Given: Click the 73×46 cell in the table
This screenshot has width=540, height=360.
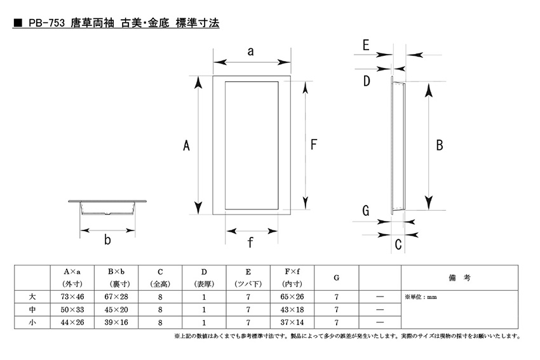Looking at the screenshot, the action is pyautogui.click(x=72, y=297).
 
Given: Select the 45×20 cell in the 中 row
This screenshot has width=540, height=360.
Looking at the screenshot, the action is pyautogui.click(x=116, y=309).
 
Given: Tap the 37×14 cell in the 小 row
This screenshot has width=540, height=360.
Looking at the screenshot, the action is pyautogui.click(x=292, y=323).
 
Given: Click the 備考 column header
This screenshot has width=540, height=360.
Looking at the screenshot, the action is pyautogui.click(x=459, y=277).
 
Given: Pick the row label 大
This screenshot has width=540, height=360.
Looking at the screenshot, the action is pyautogui.click(x=32, y=297).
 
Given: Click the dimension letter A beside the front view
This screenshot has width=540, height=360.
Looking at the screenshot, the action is pyautogui.click(x=186, y=145).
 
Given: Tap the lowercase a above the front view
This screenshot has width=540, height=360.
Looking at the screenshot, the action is pyautogui.click(x=251, y=51).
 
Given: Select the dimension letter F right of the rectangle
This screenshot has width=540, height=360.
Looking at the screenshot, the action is pyautogui.click(x=313, y=144).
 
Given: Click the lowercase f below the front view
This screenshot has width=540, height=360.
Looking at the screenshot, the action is pyautogui.click(x=250, y=243).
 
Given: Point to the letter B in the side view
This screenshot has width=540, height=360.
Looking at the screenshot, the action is pyautogui.click(x=440, y=145).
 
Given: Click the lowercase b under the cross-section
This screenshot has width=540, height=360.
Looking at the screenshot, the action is pyautogui.click(x=107, y=239).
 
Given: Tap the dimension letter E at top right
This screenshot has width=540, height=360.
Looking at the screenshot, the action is pyautogui.click(x=366, y=45).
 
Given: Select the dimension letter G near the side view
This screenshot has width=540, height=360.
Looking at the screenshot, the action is pyautogui.click(x=366, y=211).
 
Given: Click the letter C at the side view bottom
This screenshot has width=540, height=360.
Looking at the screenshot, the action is pyautogui.click(x=398, y=244).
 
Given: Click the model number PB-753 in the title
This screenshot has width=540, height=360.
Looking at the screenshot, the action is pyautogui.click(x=46, y=23).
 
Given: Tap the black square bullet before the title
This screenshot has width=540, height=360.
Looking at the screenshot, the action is pyautogui.click(x=18, y=23).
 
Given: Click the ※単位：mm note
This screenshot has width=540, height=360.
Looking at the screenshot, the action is pyautogui.click(x=421, y=297).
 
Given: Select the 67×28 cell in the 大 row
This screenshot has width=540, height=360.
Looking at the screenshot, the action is pyautogui.click(x=116, y=297).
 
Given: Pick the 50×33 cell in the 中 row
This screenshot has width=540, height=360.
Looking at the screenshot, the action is pyautogui.click(x=72, y=309).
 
